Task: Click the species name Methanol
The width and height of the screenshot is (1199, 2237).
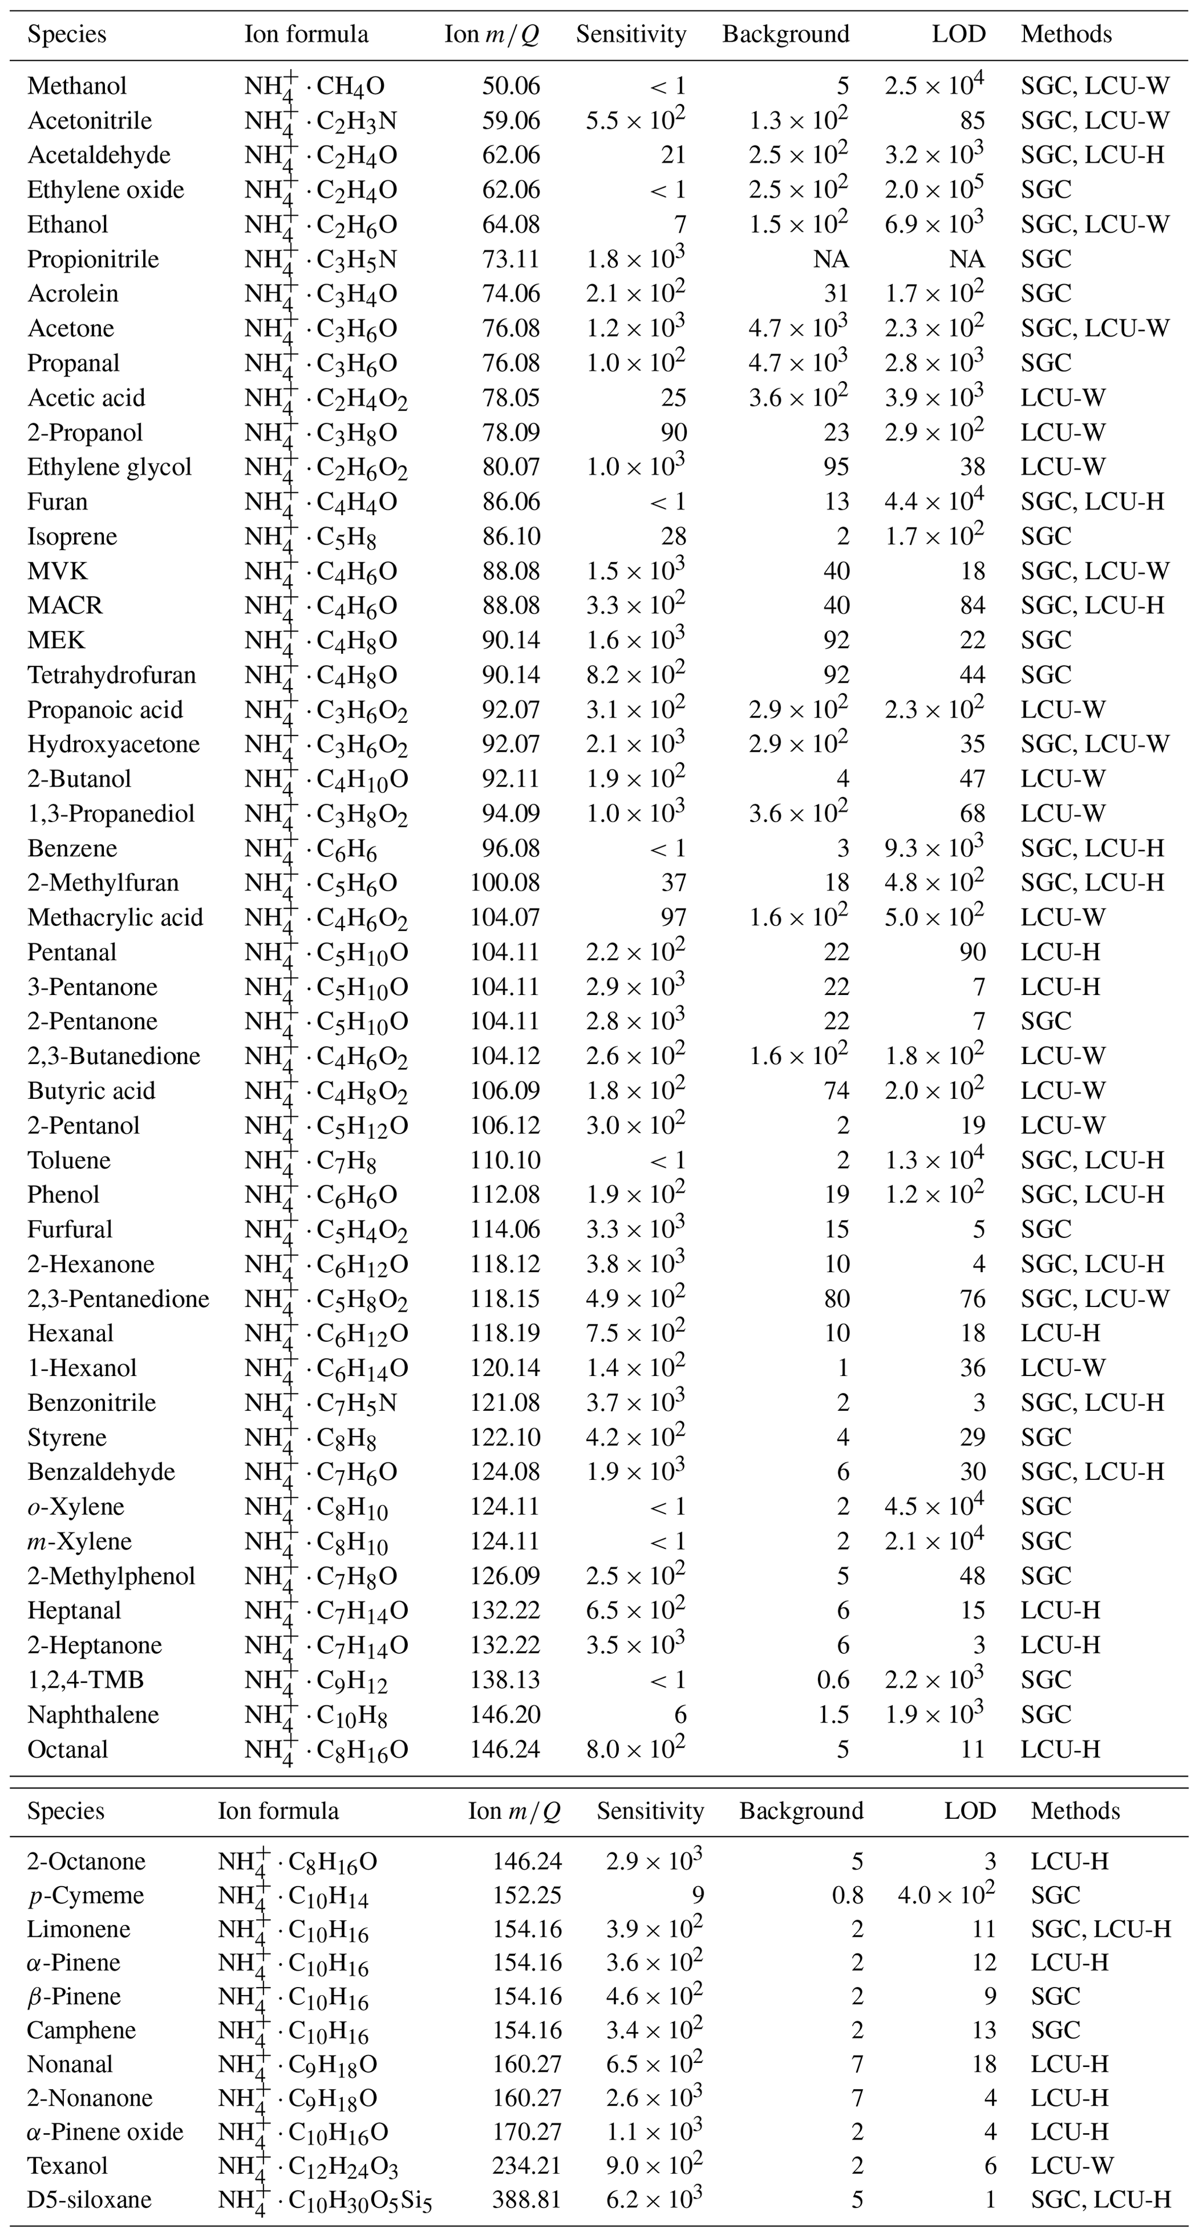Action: (77, 86)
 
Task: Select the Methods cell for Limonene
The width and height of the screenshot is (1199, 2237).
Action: (1100, 1929)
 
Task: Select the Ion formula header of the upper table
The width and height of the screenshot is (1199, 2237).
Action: (306, 35)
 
